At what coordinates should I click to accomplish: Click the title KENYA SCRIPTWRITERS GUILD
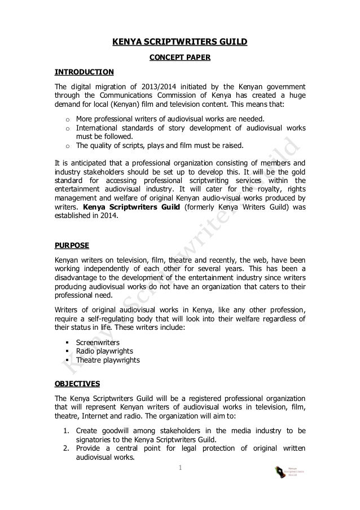179,42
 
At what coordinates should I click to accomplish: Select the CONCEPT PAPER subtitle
179,57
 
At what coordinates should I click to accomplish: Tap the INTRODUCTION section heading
84,72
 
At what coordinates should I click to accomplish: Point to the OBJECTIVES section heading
77,383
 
